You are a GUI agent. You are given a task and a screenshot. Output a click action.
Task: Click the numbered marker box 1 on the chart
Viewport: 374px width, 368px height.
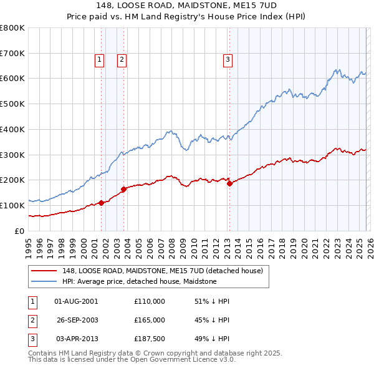(x=99, y=60)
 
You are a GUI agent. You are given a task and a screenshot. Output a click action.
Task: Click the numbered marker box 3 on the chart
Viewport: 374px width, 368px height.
(x=228, y=60)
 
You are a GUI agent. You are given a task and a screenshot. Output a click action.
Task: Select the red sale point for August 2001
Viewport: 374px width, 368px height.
(x=101, y=203)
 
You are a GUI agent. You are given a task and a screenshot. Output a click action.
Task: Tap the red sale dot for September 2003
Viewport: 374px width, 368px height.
(x=124, y=189)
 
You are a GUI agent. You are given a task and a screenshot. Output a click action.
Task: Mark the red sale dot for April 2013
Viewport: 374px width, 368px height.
(x=229, y=183)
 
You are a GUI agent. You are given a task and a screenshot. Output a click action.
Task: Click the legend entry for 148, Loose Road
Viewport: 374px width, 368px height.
(x=163, y=271)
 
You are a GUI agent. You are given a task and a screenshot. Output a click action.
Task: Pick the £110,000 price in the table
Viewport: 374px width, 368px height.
(x=150, y=301)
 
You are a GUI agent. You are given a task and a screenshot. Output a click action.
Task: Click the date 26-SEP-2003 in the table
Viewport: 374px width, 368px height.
(x=77, y=320)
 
